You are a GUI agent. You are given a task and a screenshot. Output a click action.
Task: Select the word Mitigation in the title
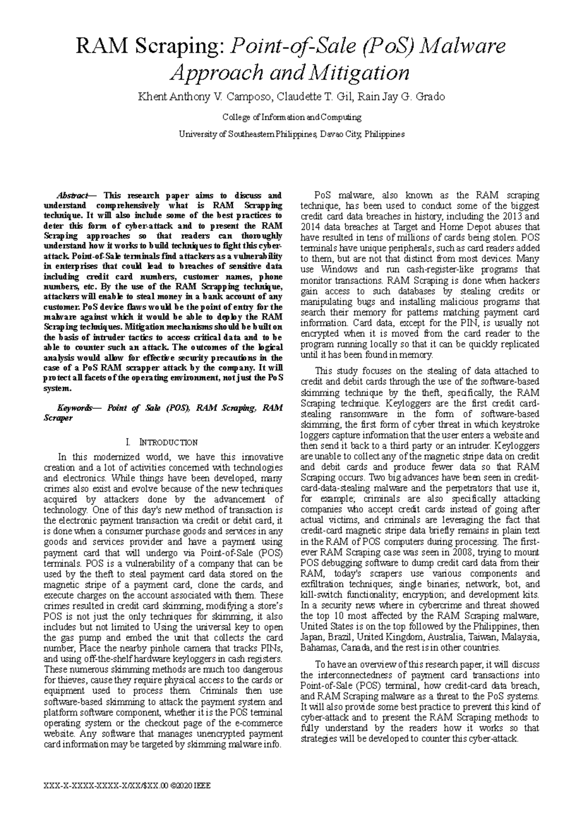tap(360, 73)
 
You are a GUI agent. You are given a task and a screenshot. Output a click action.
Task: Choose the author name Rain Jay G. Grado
tap(401, 97)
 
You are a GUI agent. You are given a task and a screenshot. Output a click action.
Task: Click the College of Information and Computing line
tap(291, 117)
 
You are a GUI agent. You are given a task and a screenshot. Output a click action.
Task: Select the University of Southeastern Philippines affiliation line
tap(291, 134)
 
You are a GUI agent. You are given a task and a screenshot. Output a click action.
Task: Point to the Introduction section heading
tap(168, 442)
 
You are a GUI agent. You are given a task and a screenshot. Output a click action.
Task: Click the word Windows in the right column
tap(339, 270)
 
